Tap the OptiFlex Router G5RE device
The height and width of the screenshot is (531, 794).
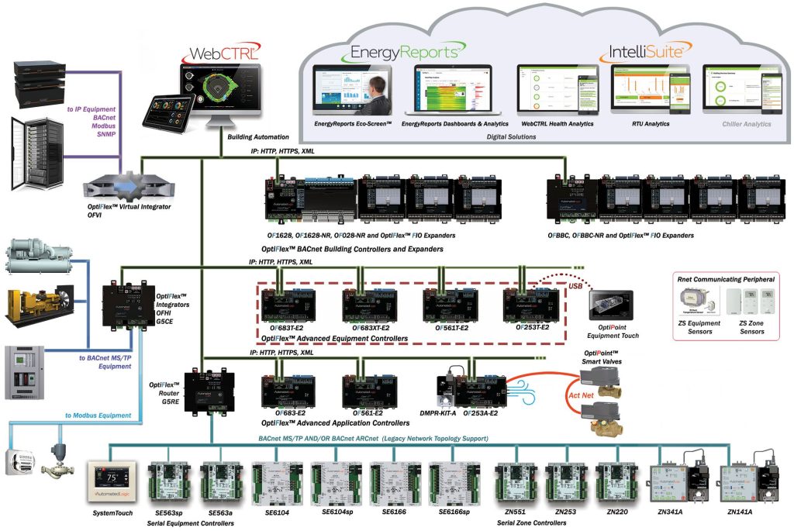coord(205,388)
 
